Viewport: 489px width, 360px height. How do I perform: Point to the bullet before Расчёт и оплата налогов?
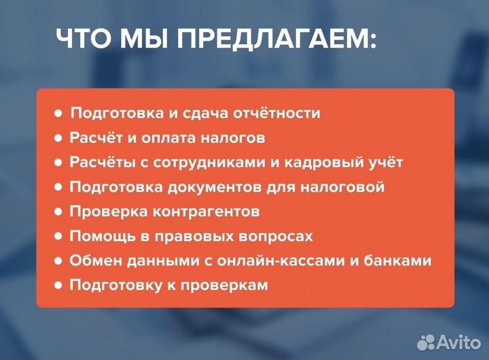58,139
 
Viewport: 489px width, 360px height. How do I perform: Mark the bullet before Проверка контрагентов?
58,212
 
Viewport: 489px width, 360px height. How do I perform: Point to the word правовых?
192,236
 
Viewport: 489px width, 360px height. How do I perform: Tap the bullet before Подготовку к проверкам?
58,285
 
